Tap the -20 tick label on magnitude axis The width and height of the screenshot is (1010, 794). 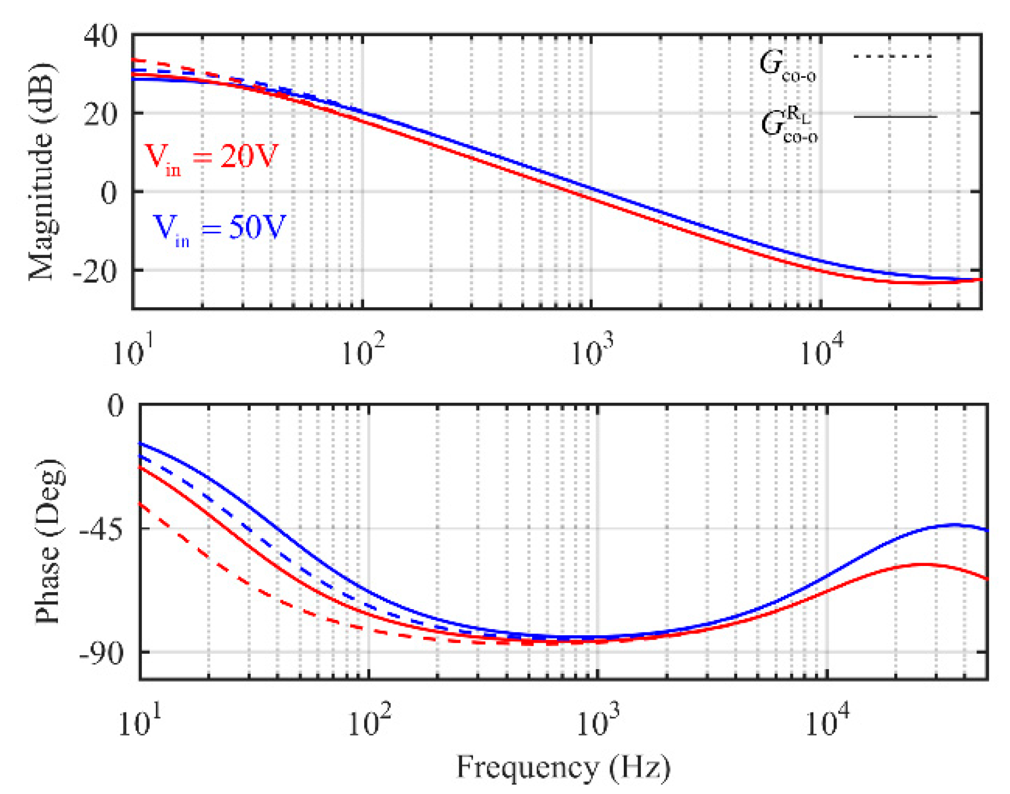click(94, 272)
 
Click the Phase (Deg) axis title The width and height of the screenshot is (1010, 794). click(48, 542)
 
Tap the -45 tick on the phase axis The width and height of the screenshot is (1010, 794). click(100, 530)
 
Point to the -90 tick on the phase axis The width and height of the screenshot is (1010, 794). click(100, 654)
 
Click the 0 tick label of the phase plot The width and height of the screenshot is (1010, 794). click(115, 406)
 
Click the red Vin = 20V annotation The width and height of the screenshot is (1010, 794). click(211, 158)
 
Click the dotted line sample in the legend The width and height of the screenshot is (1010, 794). click(892, 57)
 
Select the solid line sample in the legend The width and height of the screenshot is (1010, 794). click(894, 117)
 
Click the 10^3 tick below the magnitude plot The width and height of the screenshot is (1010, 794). click(591, 351)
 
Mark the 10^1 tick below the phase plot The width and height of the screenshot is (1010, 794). click(140, 721)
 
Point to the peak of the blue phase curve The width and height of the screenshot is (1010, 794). click(954, 525)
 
